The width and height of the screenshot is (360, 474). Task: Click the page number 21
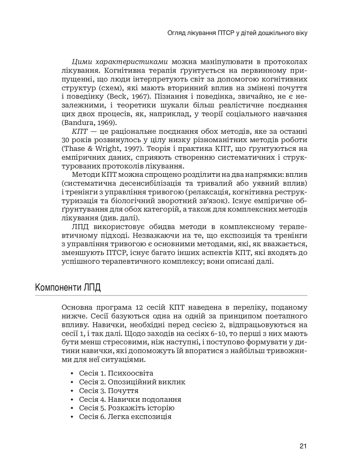click(303, 446)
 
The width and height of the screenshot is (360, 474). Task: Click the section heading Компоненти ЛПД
click(68, 287)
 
